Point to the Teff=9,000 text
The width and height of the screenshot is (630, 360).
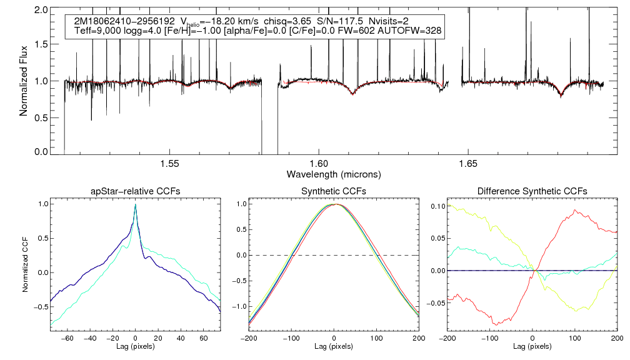click(x=96, y=31)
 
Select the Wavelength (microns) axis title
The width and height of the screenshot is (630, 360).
click(x=334, y=174)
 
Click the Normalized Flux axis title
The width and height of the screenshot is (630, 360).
click(x=24, y=81)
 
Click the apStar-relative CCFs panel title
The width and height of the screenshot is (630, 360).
click(x=136, y=191)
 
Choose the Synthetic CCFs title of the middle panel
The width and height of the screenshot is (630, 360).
click(x=334, y=191)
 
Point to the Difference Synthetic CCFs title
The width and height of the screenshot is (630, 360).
click(x=532, y=191)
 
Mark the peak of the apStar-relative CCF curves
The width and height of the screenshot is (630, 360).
click(x=135, y=205)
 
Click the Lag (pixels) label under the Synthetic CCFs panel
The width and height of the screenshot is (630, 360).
click(x=334, y=346)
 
